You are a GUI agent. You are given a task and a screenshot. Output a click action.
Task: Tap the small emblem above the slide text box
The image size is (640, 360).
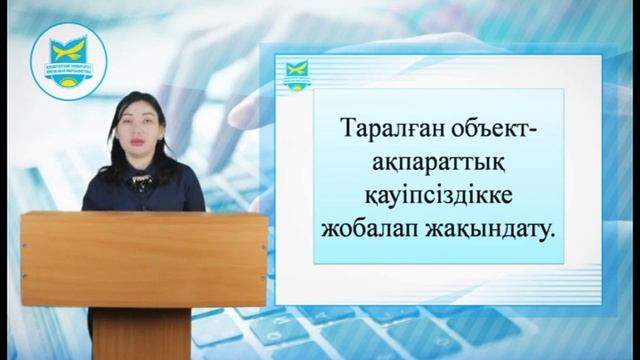point(295,73)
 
